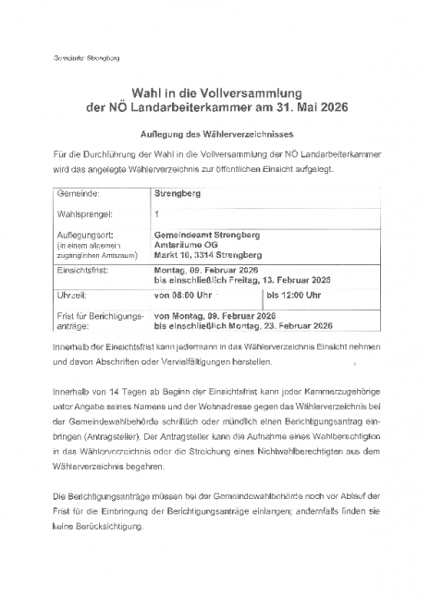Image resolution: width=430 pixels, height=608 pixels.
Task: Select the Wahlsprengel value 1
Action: click(156, 213)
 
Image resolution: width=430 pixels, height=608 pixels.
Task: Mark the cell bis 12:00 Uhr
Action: click(295, 295)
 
